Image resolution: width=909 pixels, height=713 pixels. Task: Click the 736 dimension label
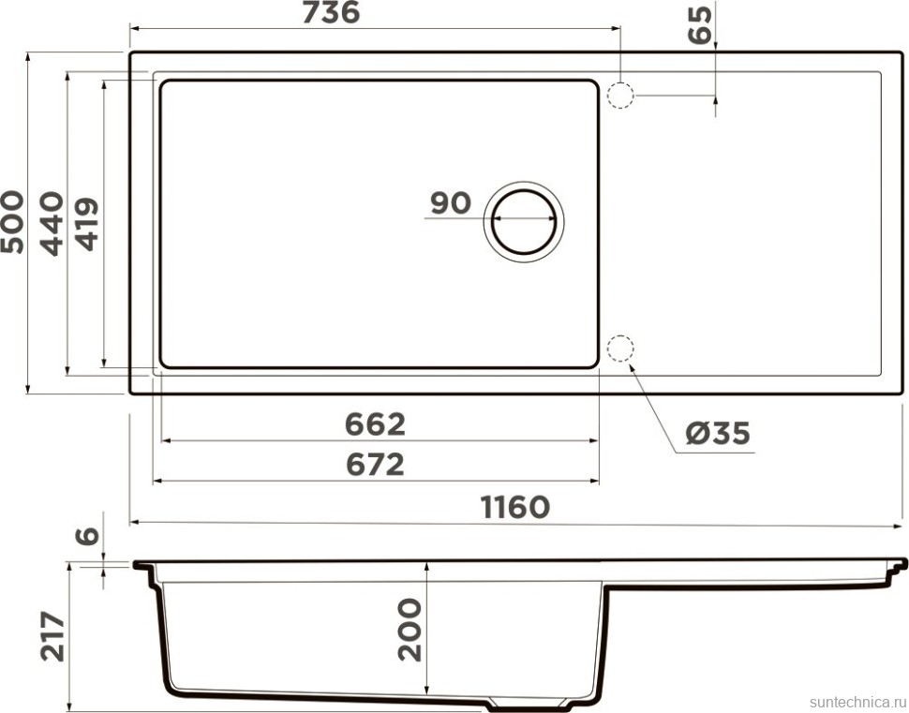pos(331,12)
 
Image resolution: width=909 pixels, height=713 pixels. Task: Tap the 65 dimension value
pos(700,25)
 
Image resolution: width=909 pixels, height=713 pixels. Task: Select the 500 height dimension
pos(12,222)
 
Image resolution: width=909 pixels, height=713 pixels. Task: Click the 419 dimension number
pos(87,224)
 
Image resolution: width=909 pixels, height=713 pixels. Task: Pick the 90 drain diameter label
pos(451,203)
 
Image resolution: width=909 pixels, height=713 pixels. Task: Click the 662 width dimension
pos(375,424)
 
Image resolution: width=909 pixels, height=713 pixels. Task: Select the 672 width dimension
pos(375,465)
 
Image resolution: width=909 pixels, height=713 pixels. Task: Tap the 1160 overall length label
pos(514,507)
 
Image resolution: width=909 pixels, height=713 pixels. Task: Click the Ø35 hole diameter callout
pos(718,433)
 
